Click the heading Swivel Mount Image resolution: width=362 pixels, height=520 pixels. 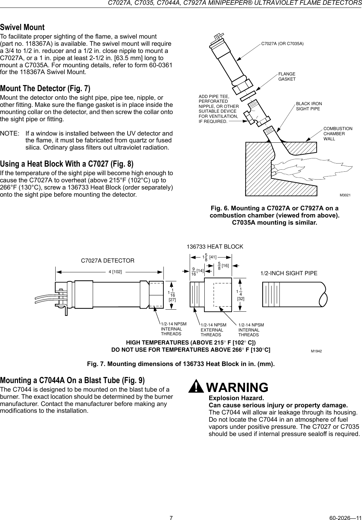coord(22,27)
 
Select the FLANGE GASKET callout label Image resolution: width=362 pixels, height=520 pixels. coord(287,76)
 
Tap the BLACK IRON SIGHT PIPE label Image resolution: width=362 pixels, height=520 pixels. coord(309,106)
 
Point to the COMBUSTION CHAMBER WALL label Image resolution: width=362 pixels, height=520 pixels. coord(338,133)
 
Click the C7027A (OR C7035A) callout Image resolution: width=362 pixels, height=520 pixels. coord(282,43)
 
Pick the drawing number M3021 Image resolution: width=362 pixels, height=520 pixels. coord(345,195)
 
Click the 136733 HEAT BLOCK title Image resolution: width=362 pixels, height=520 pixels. coord(215,247)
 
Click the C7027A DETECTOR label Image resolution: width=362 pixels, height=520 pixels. coord(107,261)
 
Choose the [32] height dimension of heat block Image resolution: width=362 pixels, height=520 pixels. coord(241,298)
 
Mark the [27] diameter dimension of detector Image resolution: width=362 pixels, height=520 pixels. coord(172,299)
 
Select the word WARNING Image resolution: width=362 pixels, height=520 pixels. coord(237,388)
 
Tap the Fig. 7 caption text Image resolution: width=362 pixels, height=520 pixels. coord(181,364)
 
